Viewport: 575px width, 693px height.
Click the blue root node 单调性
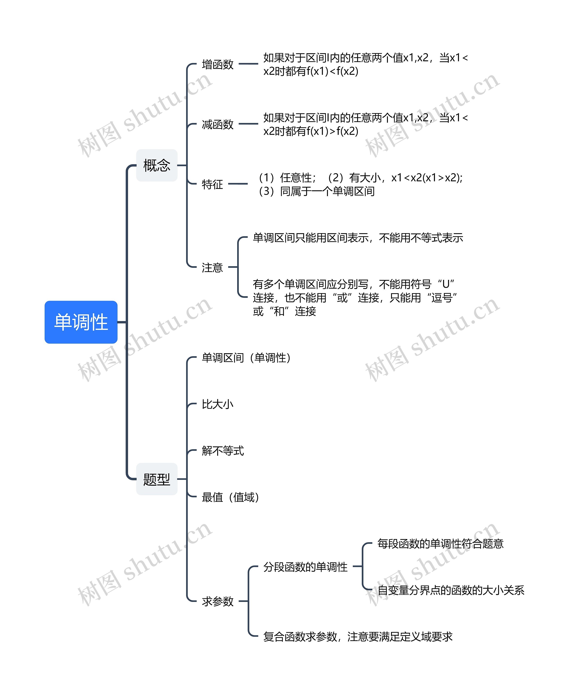81,322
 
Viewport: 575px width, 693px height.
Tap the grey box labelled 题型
157,479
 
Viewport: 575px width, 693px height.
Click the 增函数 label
217,64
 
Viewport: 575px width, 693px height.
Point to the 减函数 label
217,124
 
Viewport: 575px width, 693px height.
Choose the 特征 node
212,184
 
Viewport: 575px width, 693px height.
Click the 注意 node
212,267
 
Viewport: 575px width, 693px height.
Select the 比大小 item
217,404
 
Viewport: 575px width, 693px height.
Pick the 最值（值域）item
230,497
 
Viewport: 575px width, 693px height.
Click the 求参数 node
217,601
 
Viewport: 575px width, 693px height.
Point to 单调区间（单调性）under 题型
246,358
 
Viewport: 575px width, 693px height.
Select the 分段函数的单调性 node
305,567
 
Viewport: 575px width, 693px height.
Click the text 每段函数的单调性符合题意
440,544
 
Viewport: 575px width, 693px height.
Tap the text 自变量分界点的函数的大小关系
451,590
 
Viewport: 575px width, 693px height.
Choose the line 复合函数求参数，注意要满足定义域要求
357,637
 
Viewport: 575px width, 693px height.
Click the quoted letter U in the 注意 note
446,284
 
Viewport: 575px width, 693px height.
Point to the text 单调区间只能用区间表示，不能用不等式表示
358,238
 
